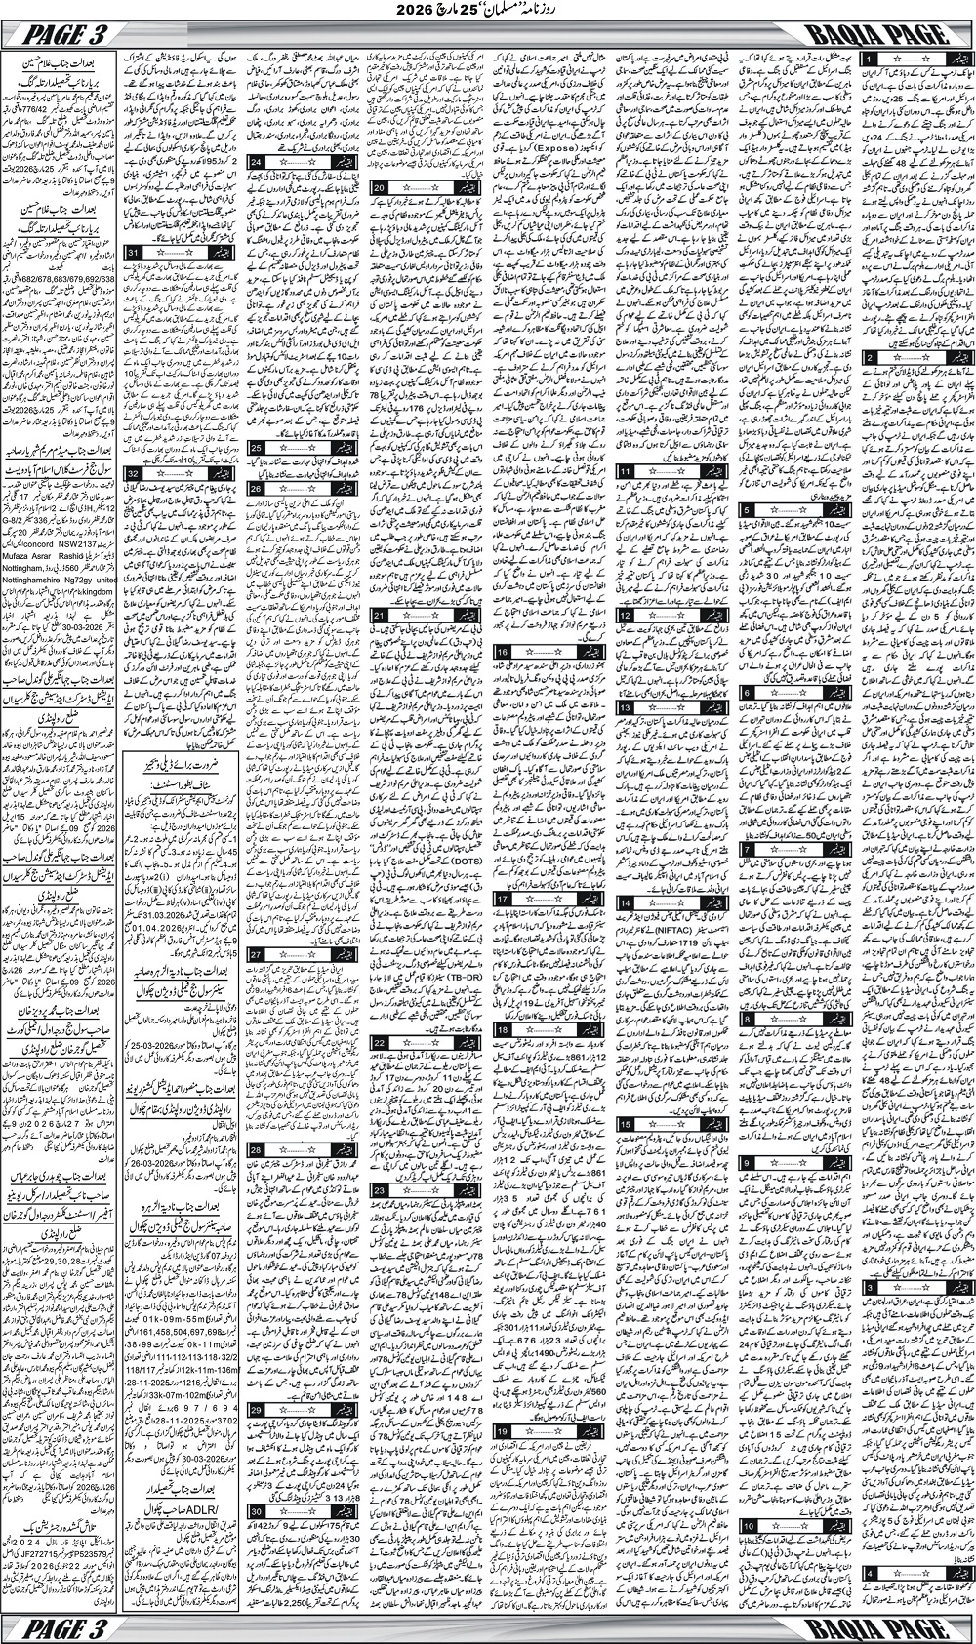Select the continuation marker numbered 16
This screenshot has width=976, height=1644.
coord(505,651)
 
